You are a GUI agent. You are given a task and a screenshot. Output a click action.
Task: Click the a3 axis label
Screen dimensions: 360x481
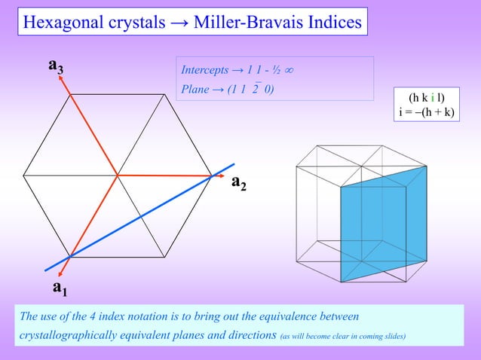point(55,67)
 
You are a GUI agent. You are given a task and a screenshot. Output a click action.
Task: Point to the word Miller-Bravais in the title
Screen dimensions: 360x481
point(237,23)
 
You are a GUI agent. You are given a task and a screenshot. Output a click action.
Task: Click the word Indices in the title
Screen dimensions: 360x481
point(329,23)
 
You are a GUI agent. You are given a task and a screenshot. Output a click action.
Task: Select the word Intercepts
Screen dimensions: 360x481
point(204,71)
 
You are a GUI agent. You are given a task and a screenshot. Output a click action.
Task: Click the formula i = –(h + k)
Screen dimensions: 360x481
point(426,113)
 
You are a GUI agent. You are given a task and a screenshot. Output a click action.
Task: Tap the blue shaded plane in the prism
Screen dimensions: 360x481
point(383,226)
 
